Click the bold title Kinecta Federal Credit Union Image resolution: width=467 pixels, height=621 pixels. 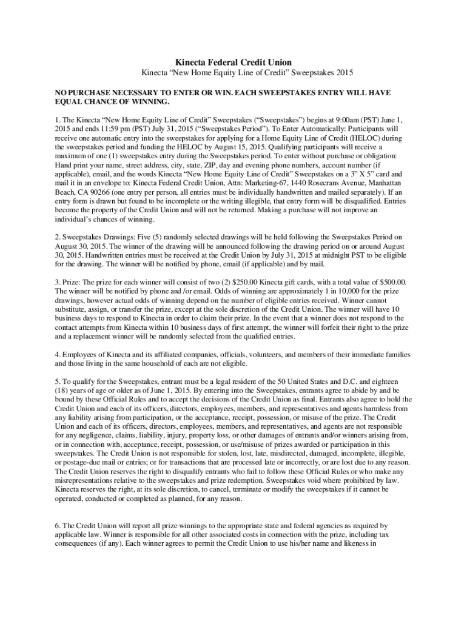coord(233,62)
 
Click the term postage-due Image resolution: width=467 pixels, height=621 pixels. coord(78,463)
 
